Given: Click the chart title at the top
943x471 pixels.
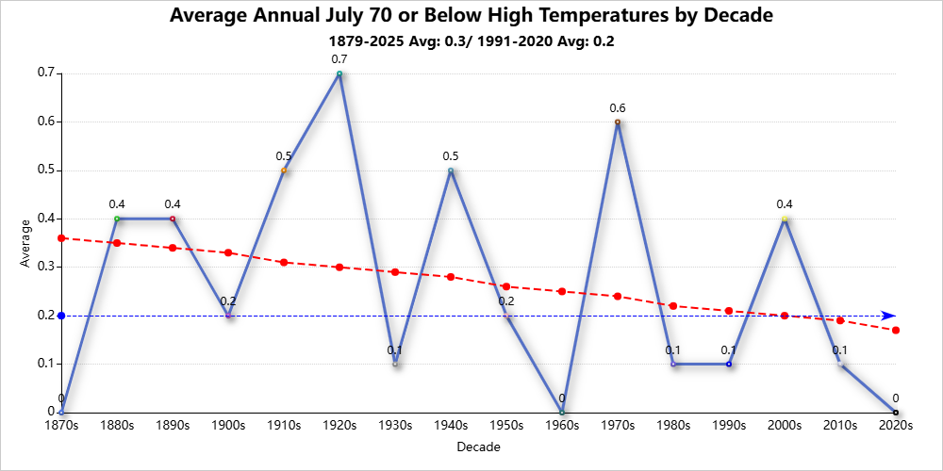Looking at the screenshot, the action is click(x=471, y=16).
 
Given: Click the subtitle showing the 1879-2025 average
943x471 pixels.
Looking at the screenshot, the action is click(x=471, y=41).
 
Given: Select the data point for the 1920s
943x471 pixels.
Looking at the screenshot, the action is click(x=339, y=73).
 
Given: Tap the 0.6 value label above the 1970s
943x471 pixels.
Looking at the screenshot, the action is click(x=618, y=108).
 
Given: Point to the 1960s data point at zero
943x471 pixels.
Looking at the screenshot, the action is click(x=562, y=413).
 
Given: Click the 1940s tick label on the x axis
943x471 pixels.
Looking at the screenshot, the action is click(x=451, y=426).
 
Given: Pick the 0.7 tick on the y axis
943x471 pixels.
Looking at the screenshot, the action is click(x=46, y=73).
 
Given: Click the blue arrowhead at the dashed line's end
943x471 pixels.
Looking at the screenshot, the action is click(x=888, y=316).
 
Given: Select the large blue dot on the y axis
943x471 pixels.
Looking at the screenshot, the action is click(x=61, y=316).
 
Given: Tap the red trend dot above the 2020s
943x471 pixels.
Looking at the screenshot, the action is click(x=896, y=330).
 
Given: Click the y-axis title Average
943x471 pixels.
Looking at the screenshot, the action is click(x=25, y=243).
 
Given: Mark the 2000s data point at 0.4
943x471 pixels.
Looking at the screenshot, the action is click(x=785, y=219).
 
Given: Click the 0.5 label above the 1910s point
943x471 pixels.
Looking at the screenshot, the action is click(x=284, y=156).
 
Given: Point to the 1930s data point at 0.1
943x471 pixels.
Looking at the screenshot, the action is click(x=394, y=364).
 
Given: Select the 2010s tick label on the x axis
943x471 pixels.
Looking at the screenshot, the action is click(x=840, y=426).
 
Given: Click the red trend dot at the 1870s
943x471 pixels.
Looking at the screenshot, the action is click(x=61, y=238).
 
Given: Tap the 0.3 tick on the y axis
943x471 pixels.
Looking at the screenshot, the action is click(x=46, y=268).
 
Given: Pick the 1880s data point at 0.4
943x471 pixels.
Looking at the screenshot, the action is click(x=117, y=219).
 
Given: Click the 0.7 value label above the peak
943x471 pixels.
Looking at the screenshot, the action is click(x=339, y=59).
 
